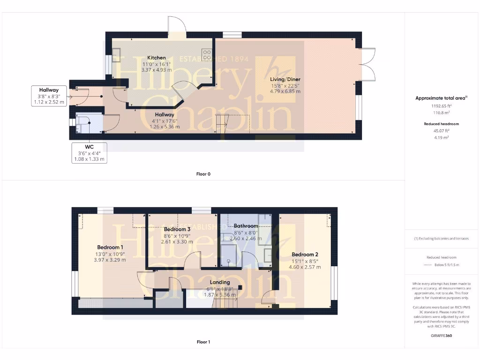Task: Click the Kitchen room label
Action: pyautogui.click(x=156, y=58)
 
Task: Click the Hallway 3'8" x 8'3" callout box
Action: pyautogui.click(x=49, y=96)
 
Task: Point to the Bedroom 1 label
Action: pyautogui.click(x=110, y=247)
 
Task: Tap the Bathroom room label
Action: pyautogui.click(x=246, y=226)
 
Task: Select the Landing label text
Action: pyautogui.click(x=220, y=282)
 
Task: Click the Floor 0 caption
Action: pyautogui.click(x=203, y=174)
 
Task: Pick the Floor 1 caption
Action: pyautogui.click(x=203, y=342)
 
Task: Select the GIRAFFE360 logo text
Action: pyautogui.click(x=442, y=336)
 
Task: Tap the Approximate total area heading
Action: pyautogui.click(x=436, y=98)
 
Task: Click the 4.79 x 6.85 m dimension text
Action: pyautogui.click(x=285, y=91)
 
